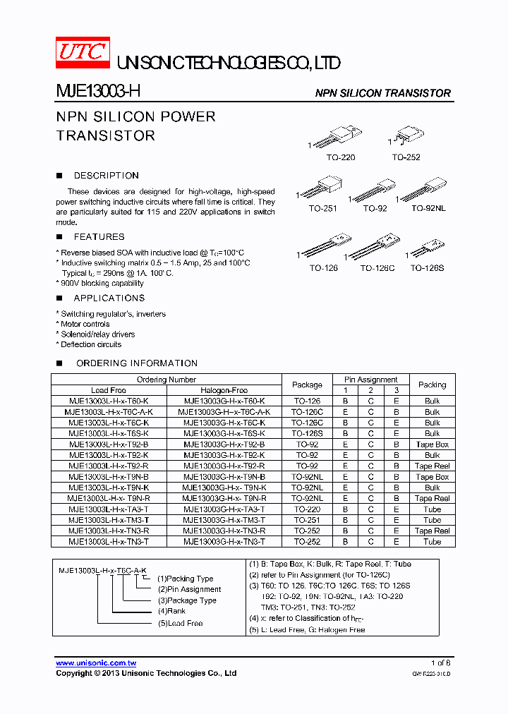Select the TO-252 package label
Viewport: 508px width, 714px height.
click(406, 157)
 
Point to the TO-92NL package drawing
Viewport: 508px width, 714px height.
click(426, 190)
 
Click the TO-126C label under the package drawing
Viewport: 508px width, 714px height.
click(377, 268)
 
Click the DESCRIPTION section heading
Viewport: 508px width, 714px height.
click(106, 176)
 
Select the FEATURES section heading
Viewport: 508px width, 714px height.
click(99, 237)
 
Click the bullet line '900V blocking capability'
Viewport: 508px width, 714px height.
click(102, 283)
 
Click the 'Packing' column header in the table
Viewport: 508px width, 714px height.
click(432, 385)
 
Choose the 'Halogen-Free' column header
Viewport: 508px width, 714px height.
click(224, 390)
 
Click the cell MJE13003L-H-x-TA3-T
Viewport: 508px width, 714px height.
click(109, 509)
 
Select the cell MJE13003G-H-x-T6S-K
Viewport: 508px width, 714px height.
click(224, 433)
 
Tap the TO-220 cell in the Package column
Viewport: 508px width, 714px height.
click(307, 509)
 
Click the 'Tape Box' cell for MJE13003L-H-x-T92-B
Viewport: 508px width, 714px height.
click(432, 444)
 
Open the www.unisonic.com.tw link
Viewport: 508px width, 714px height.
click(96, 663)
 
